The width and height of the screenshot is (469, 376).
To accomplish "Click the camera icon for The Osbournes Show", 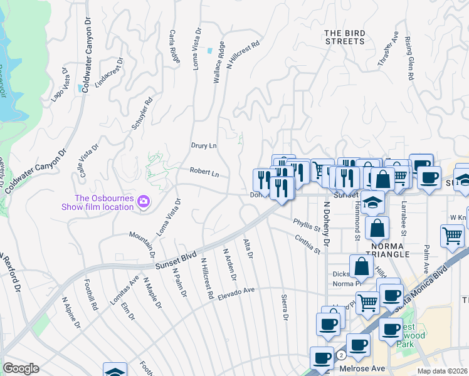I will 144,201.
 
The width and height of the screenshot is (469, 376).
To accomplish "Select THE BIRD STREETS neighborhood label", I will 344,37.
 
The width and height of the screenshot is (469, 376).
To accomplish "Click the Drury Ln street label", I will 203,145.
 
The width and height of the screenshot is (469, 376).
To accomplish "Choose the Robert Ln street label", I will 205,173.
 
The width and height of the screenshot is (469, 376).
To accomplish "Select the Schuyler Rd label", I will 142,113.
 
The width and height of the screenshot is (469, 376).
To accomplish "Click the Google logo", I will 21,368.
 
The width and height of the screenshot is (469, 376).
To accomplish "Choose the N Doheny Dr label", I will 326,223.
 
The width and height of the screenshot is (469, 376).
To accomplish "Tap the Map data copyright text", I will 442,371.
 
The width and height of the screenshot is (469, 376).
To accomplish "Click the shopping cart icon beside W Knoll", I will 452,236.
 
